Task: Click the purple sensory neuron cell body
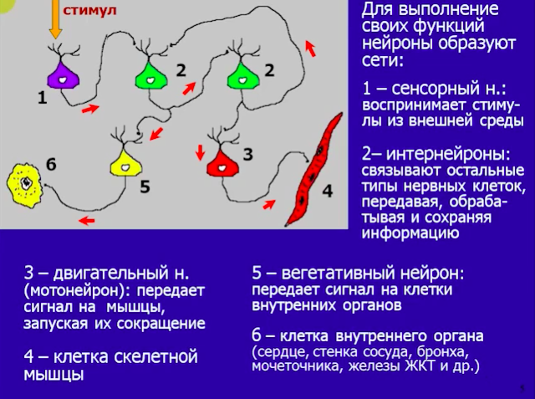coord(64,76)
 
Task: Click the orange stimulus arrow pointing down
coord(55,18)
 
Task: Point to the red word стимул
coord(89,10)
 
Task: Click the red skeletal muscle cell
coord(313,170)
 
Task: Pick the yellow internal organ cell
coord(25,186)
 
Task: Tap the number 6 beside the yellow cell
coord(51,165)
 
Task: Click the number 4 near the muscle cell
coord(327,191)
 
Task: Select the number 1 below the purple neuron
coord(43,99)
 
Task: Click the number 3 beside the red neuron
coord(248,154)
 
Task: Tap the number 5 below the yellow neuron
coord(145,187)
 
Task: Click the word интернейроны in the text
coord(448,154)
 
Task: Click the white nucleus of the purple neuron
coord(63,79)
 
